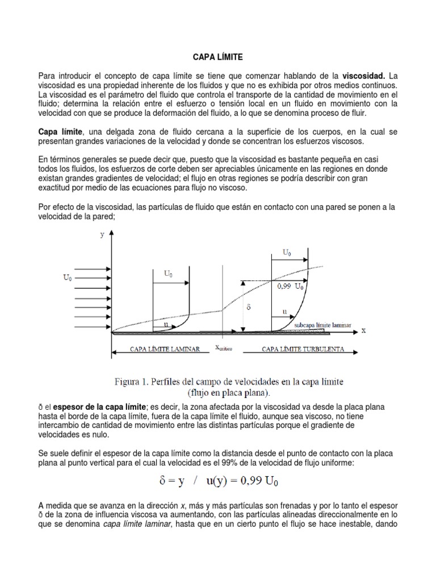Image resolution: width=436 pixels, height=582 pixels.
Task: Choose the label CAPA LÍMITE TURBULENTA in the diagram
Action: (302, 350)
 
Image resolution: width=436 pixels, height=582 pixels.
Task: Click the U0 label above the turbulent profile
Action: (288, 252)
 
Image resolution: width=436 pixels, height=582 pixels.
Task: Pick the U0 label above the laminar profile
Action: (169, 273)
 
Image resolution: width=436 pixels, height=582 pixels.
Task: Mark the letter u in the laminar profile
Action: (166, 324)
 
